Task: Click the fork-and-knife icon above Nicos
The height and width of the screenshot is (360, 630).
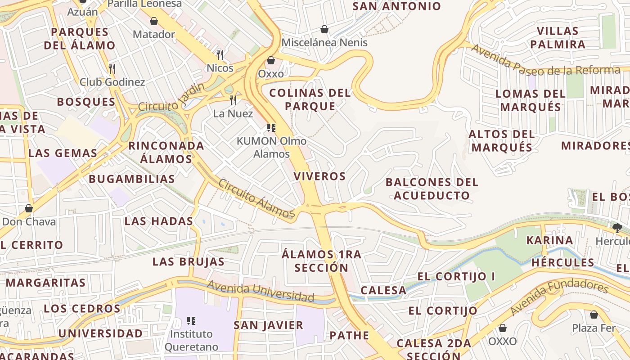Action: coord(220,55)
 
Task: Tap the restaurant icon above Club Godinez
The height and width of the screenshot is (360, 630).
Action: coord(112,69)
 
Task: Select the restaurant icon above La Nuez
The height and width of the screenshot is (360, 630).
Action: coord(233,100)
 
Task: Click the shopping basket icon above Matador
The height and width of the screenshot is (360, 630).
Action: coord(154,21)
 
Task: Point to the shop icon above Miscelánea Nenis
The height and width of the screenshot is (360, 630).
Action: coord(324,30)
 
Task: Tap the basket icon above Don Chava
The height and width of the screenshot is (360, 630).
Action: coord(29,208)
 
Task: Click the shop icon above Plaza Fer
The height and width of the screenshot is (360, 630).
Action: coord(594,315)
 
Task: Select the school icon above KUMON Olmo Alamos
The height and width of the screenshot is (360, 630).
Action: coord(271,128)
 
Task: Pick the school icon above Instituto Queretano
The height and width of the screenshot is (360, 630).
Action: coord(191,321)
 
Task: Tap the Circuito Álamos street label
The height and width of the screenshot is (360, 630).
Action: coord(256,198)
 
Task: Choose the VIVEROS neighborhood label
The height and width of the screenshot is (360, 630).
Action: coord(319,176)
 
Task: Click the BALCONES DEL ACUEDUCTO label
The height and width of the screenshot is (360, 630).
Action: coord(432,189)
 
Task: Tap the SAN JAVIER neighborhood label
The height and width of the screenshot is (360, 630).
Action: coord(268,325)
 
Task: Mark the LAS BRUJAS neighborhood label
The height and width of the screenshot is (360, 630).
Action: coord(188,261)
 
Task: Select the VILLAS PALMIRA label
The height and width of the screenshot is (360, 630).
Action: coord(558,38)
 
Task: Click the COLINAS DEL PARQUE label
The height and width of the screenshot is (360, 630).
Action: coord(310,99)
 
